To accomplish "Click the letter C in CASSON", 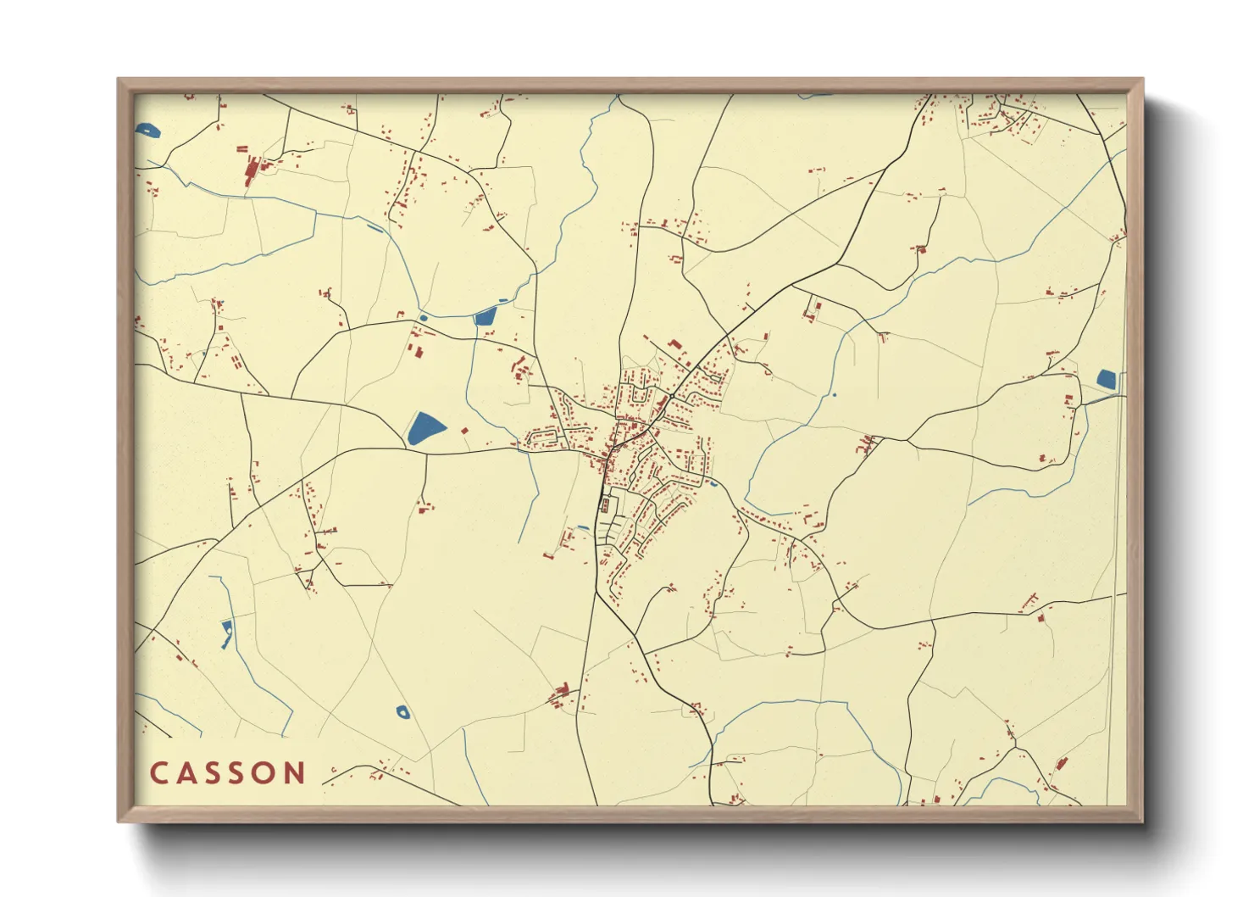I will (158, 773).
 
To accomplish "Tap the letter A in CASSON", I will (186, 773).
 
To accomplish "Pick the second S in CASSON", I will (240, 773).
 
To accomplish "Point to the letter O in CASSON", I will (267, 773).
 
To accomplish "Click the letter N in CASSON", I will (296, 773).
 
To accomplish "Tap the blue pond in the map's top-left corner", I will (147, 131).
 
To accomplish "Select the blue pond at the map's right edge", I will (1107, 380).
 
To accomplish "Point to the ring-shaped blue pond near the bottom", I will (402, 711).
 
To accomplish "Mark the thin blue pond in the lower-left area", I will (226, 633).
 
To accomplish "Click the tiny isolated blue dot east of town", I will (835, 394).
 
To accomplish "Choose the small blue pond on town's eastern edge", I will (714, 483).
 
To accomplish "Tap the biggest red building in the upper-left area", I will (252, 172).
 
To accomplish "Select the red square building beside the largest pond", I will (463, 432).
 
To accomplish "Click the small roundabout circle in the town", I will (669, 396).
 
